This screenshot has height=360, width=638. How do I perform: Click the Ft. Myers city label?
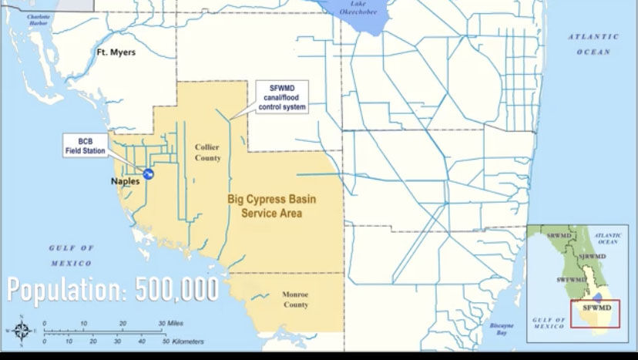116,52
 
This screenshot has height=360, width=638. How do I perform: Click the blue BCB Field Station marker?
146,174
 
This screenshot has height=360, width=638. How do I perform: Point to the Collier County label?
207,152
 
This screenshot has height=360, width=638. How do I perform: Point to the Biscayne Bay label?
501,329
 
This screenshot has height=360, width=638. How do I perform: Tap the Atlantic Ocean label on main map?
593,44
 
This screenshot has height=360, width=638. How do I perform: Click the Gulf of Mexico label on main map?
71,255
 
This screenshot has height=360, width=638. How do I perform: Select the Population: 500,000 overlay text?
113,291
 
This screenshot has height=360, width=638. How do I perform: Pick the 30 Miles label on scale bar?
170,324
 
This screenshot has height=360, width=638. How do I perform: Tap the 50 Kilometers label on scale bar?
184,341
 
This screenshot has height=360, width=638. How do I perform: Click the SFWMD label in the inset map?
597,308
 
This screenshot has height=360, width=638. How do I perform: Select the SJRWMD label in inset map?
592,257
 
